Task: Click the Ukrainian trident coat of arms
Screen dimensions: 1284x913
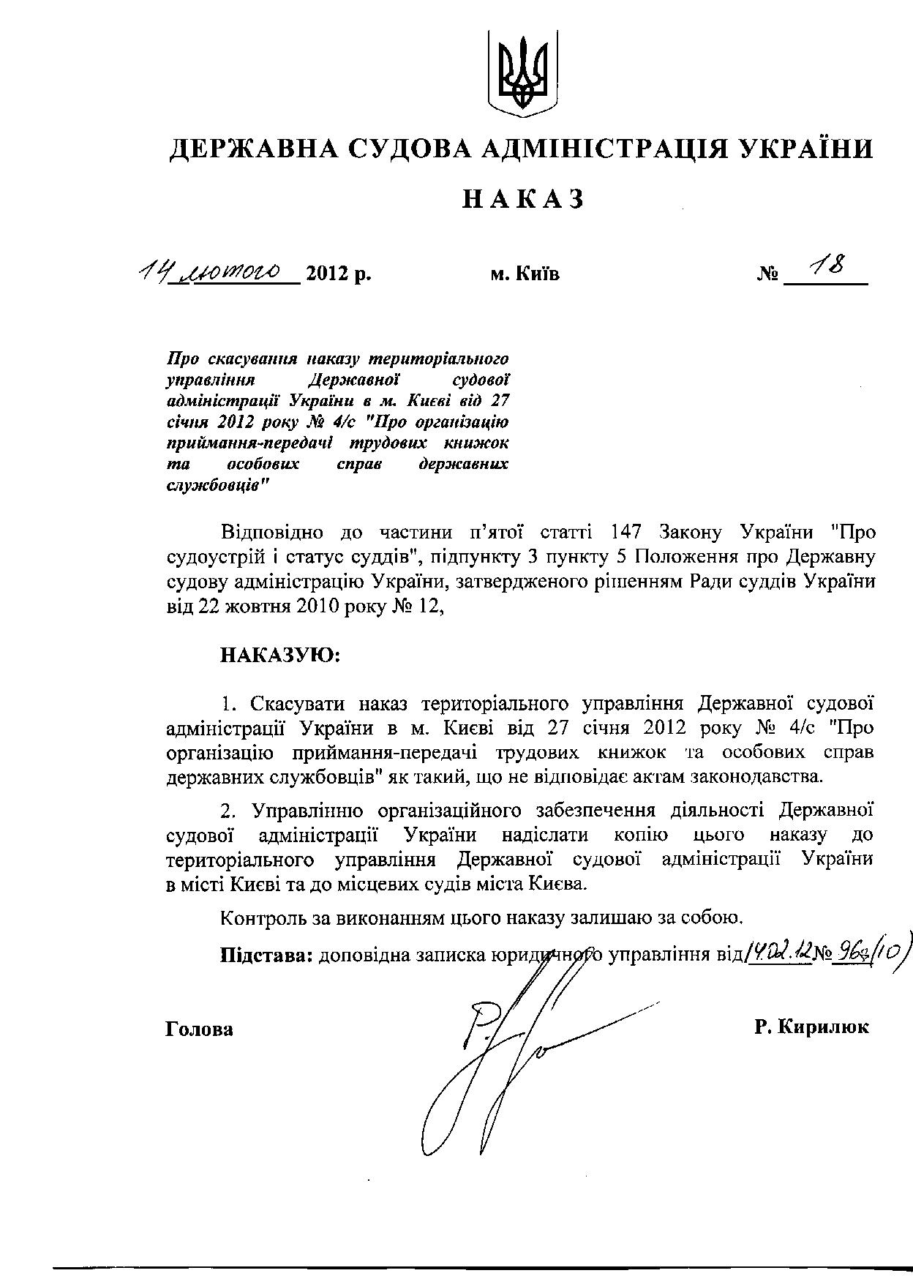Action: [522, 74]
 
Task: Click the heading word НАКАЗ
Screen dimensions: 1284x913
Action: [522, 199]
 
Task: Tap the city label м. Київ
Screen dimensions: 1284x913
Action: [525, 275]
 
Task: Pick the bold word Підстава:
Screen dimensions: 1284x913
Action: [266, 954]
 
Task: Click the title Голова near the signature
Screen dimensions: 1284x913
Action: [200, 1029]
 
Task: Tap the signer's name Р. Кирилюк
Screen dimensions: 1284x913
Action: [812, 1027]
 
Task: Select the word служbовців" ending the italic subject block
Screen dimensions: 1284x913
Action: [217, 487]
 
